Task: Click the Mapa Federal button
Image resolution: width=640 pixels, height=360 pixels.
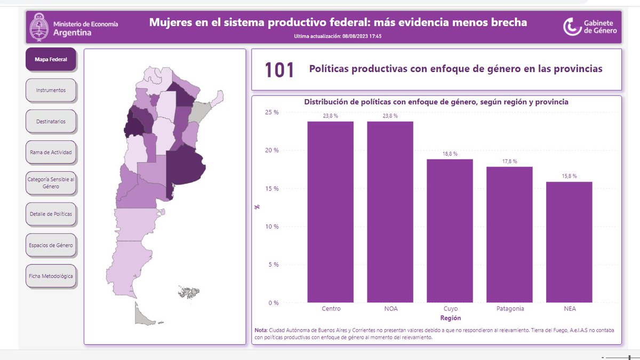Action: [51, 59]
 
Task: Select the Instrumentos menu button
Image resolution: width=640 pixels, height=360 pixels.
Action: [51, 90]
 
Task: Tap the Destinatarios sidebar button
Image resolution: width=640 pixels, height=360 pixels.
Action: [51, 121]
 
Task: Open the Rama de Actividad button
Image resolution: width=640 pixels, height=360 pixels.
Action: [51, 152]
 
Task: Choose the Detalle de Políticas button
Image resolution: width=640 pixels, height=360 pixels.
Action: [51, 214]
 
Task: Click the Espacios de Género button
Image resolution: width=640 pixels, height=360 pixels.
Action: [51, 245]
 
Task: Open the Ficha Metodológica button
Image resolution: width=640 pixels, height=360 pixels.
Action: [51, 276]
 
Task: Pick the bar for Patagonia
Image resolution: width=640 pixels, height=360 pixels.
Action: [509, 235]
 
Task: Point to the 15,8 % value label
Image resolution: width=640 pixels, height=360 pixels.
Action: [569, 176]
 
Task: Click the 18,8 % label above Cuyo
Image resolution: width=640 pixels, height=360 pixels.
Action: [450, 153]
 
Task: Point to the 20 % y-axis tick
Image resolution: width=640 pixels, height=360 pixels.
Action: [273, 150]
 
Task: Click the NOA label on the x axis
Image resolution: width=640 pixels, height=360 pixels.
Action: [390, 309]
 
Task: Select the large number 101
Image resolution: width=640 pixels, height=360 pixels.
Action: [279, 70]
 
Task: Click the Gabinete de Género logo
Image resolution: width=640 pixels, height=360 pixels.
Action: [591, 27]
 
